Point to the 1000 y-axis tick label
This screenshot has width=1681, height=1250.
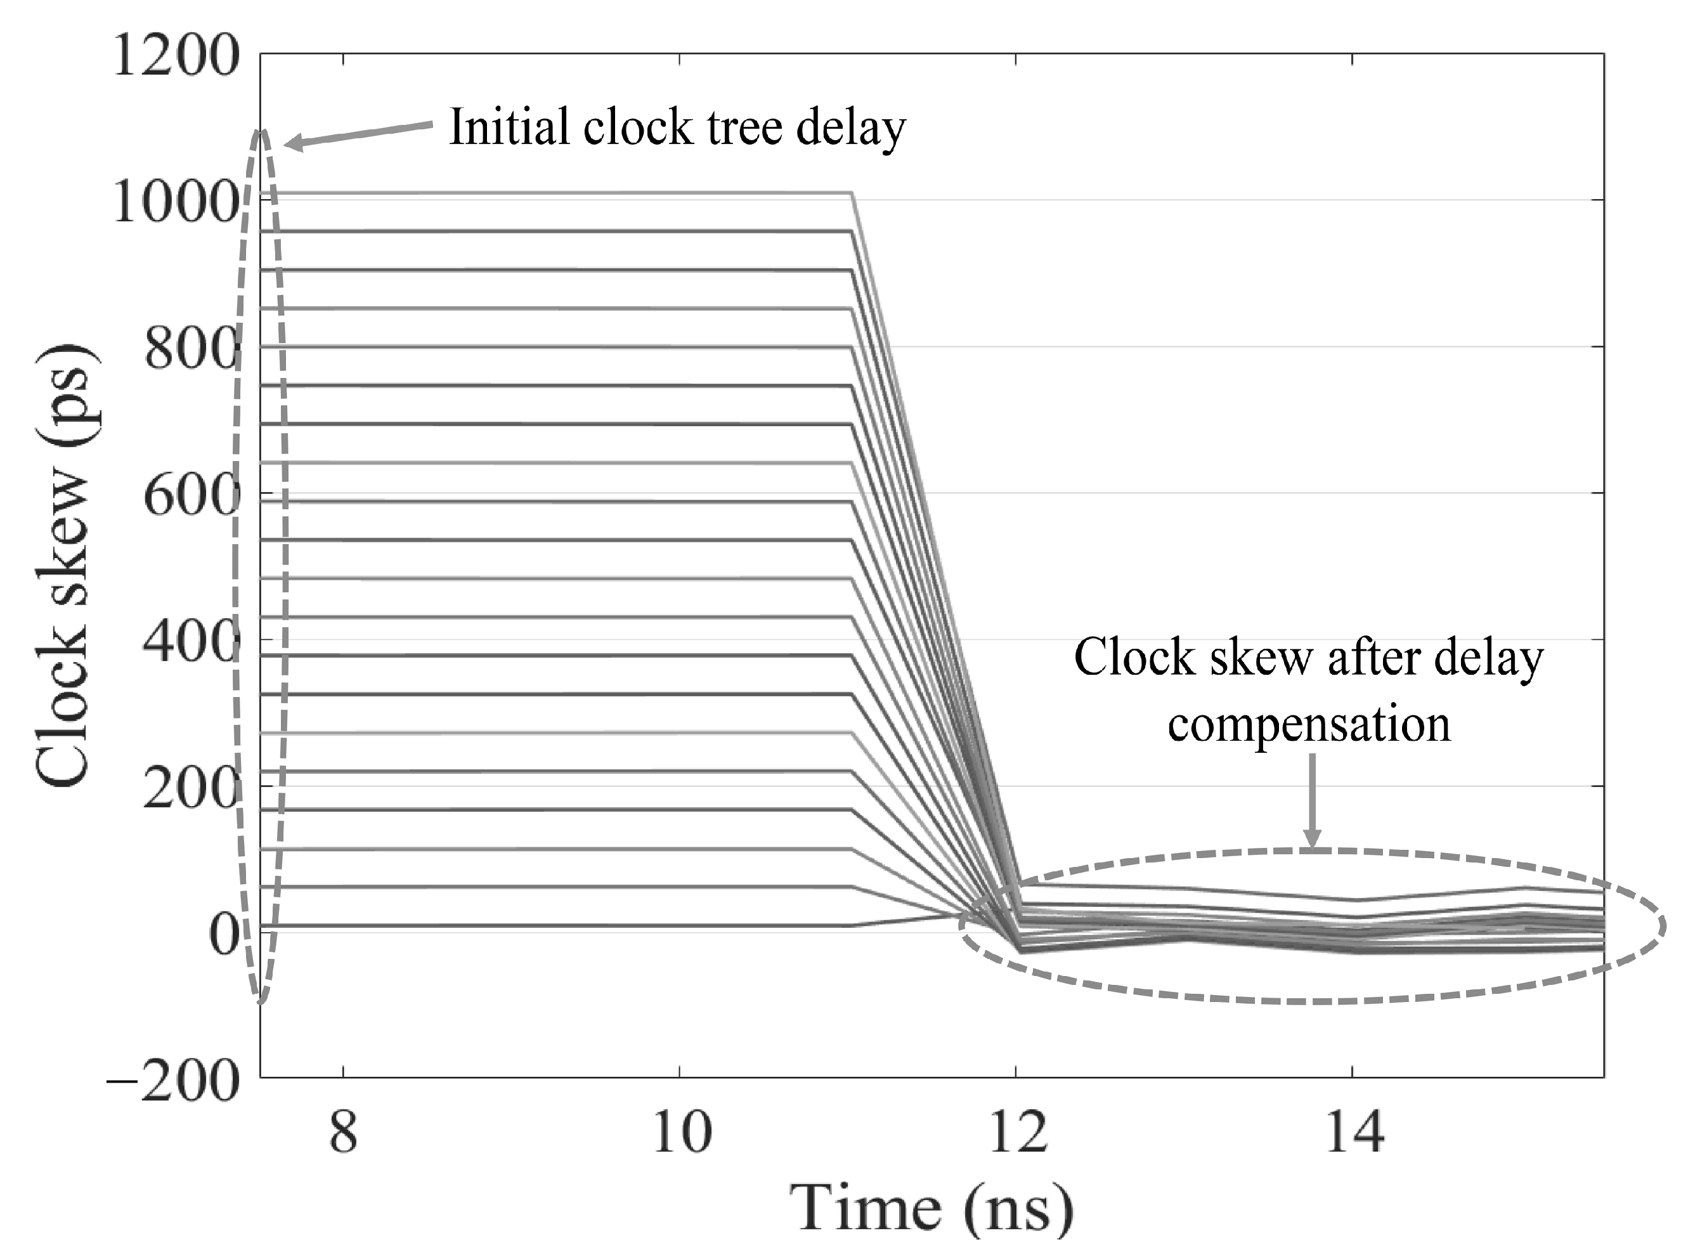[x=176, y=204]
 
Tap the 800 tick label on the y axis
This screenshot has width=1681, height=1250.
[x=191, y=350]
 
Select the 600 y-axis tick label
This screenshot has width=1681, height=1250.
[x=191, y=497]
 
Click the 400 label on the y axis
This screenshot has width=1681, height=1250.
[x=191, y=643]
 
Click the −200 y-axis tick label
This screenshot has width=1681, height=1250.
[x=172, y=1082]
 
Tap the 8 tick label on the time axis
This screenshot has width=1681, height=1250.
[x=344, y=1133]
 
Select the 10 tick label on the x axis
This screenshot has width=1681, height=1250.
[x=682, y=1133]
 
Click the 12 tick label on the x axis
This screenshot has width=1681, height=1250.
[x=1018, y=1133]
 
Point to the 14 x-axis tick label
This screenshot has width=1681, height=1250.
[x=1355, y=1133]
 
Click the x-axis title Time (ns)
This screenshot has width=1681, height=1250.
[x=930, y=1208]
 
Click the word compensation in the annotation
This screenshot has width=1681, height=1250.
[x=1309, y=725]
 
